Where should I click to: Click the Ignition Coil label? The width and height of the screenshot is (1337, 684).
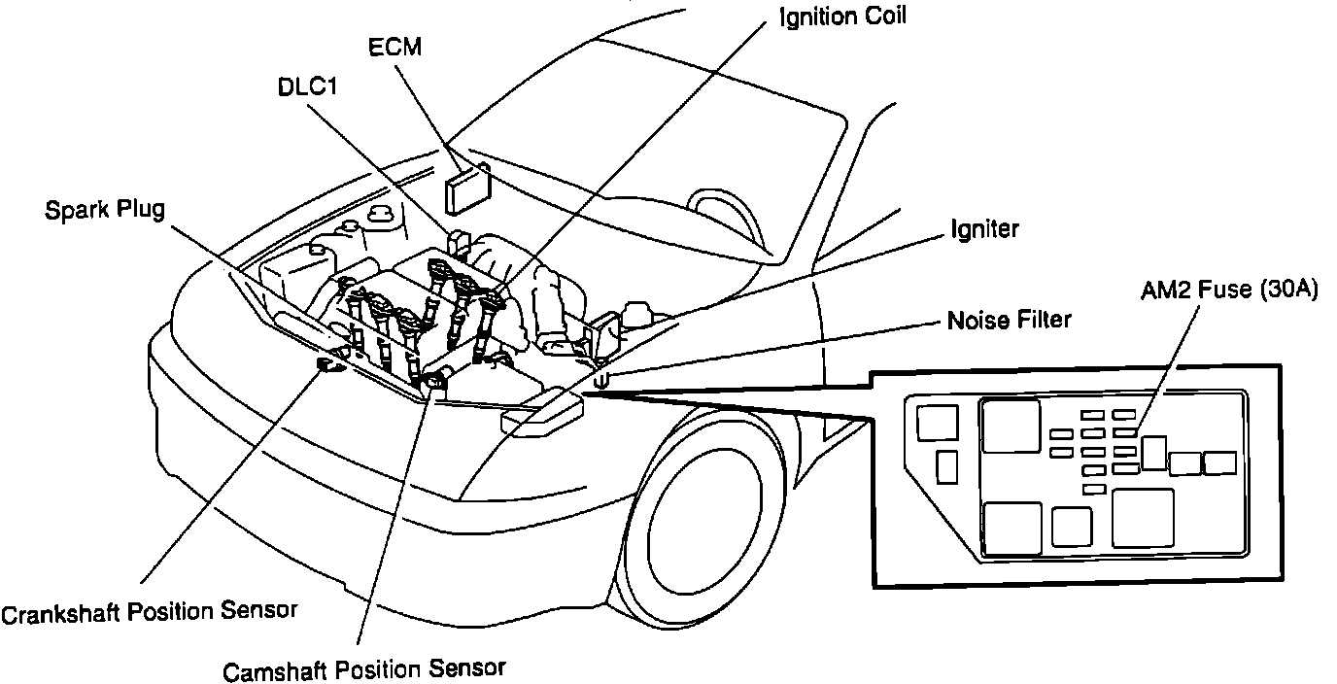(842, 17)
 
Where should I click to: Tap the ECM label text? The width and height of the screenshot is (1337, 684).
(395, 47)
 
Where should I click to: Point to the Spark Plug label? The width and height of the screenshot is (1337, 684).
(105, 209)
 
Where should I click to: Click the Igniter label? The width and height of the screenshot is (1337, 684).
(984, 229)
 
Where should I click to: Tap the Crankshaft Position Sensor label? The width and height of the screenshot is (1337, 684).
(149, 612)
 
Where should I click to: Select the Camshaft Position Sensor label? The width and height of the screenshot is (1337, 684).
(364, 669)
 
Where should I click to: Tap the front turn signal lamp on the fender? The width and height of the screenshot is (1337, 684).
(542, 414)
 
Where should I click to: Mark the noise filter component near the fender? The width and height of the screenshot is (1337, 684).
(601, 380)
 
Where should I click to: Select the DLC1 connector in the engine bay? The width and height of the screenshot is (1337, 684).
(459, 240)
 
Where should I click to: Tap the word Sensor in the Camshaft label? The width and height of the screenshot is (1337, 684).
(467, 669)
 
